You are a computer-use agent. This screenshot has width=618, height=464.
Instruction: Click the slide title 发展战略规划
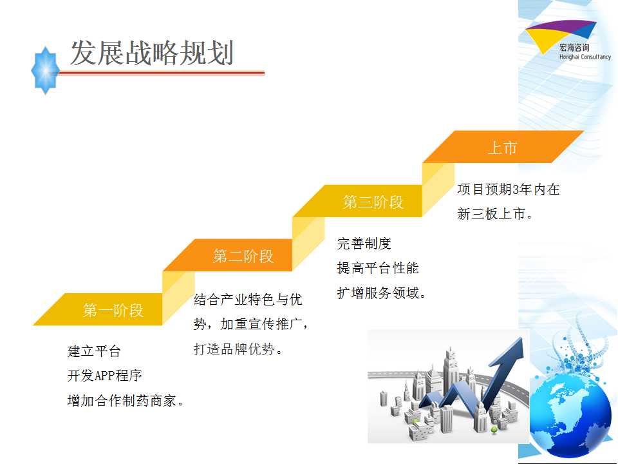click(x=152, y=52)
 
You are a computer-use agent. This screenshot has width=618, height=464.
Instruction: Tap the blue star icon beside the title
click(x=46, y=71)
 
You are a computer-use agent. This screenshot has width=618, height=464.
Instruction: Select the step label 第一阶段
click(x=113, y=310)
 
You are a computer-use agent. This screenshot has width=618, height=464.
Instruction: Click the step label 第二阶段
click(x=243, y=256)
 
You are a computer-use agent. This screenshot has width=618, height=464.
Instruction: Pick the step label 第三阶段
click(x=373, y=202)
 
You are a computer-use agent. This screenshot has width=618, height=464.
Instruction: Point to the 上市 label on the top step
click(x=503, y=148)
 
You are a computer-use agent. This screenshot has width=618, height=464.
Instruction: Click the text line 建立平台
click(x=94, y=351)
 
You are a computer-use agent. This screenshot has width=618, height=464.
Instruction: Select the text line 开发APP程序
click(x=104, y=375)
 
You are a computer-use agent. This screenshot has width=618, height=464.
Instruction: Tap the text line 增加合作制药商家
click(x=126, y=400)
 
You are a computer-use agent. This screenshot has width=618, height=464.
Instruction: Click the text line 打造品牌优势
click(x=238, y=349)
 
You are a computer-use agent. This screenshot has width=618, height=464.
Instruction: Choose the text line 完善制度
click(x=364, y=244)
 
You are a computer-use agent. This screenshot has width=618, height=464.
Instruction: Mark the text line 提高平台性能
click(x=378, y=268)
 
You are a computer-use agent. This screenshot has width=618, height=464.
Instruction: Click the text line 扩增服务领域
click(x=381, y=293)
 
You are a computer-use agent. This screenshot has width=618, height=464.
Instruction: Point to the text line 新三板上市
click(x=495, y=214)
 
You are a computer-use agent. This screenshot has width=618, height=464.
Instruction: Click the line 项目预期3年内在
click(x=509, y=189)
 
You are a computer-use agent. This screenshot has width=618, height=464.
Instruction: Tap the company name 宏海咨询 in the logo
click(x=575, y=48)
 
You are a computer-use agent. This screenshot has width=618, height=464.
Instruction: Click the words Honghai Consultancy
click(x=585, y=57)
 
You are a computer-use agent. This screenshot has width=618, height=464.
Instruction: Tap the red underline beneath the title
click(x=161, y=73)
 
